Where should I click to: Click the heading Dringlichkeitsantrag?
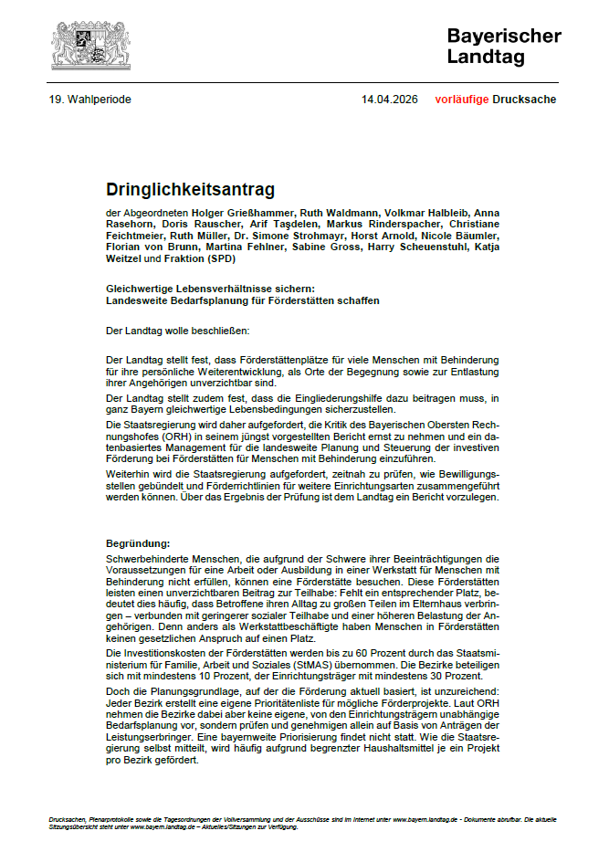(190, 190)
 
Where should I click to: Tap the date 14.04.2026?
(390, 100)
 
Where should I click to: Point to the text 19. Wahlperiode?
(89, 100)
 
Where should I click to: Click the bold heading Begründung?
(138, 543)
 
